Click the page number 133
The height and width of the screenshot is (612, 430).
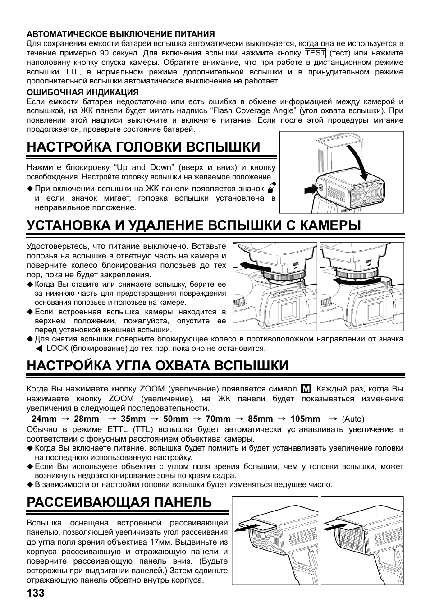click(36, 593)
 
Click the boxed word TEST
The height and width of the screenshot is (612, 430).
click(315, 53)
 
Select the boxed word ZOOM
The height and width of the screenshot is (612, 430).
click(152, 389)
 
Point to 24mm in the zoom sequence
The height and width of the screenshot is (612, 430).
click(44, 419)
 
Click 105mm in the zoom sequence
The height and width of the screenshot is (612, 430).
click(305, 419)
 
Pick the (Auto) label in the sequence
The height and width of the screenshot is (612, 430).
click(353, 419)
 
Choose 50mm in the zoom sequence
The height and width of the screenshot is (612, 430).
click(175, 419)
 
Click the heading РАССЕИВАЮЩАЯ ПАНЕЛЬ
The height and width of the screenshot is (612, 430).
click(119, 502)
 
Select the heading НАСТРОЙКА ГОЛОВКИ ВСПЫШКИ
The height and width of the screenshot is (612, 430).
click(143, 147)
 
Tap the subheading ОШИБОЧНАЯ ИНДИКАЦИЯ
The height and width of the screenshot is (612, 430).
click(82, 92)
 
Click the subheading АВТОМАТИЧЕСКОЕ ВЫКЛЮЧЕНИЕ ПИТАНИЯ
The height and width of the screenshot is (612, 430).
click(120, 34)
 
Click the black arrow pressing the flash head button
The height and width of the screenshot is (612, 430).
click(311, 189)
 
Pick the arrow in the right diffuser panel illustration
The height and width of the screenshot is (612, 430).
click(335, 526)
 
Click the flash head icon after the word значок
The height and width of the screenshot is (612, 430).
click(271, 188)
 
